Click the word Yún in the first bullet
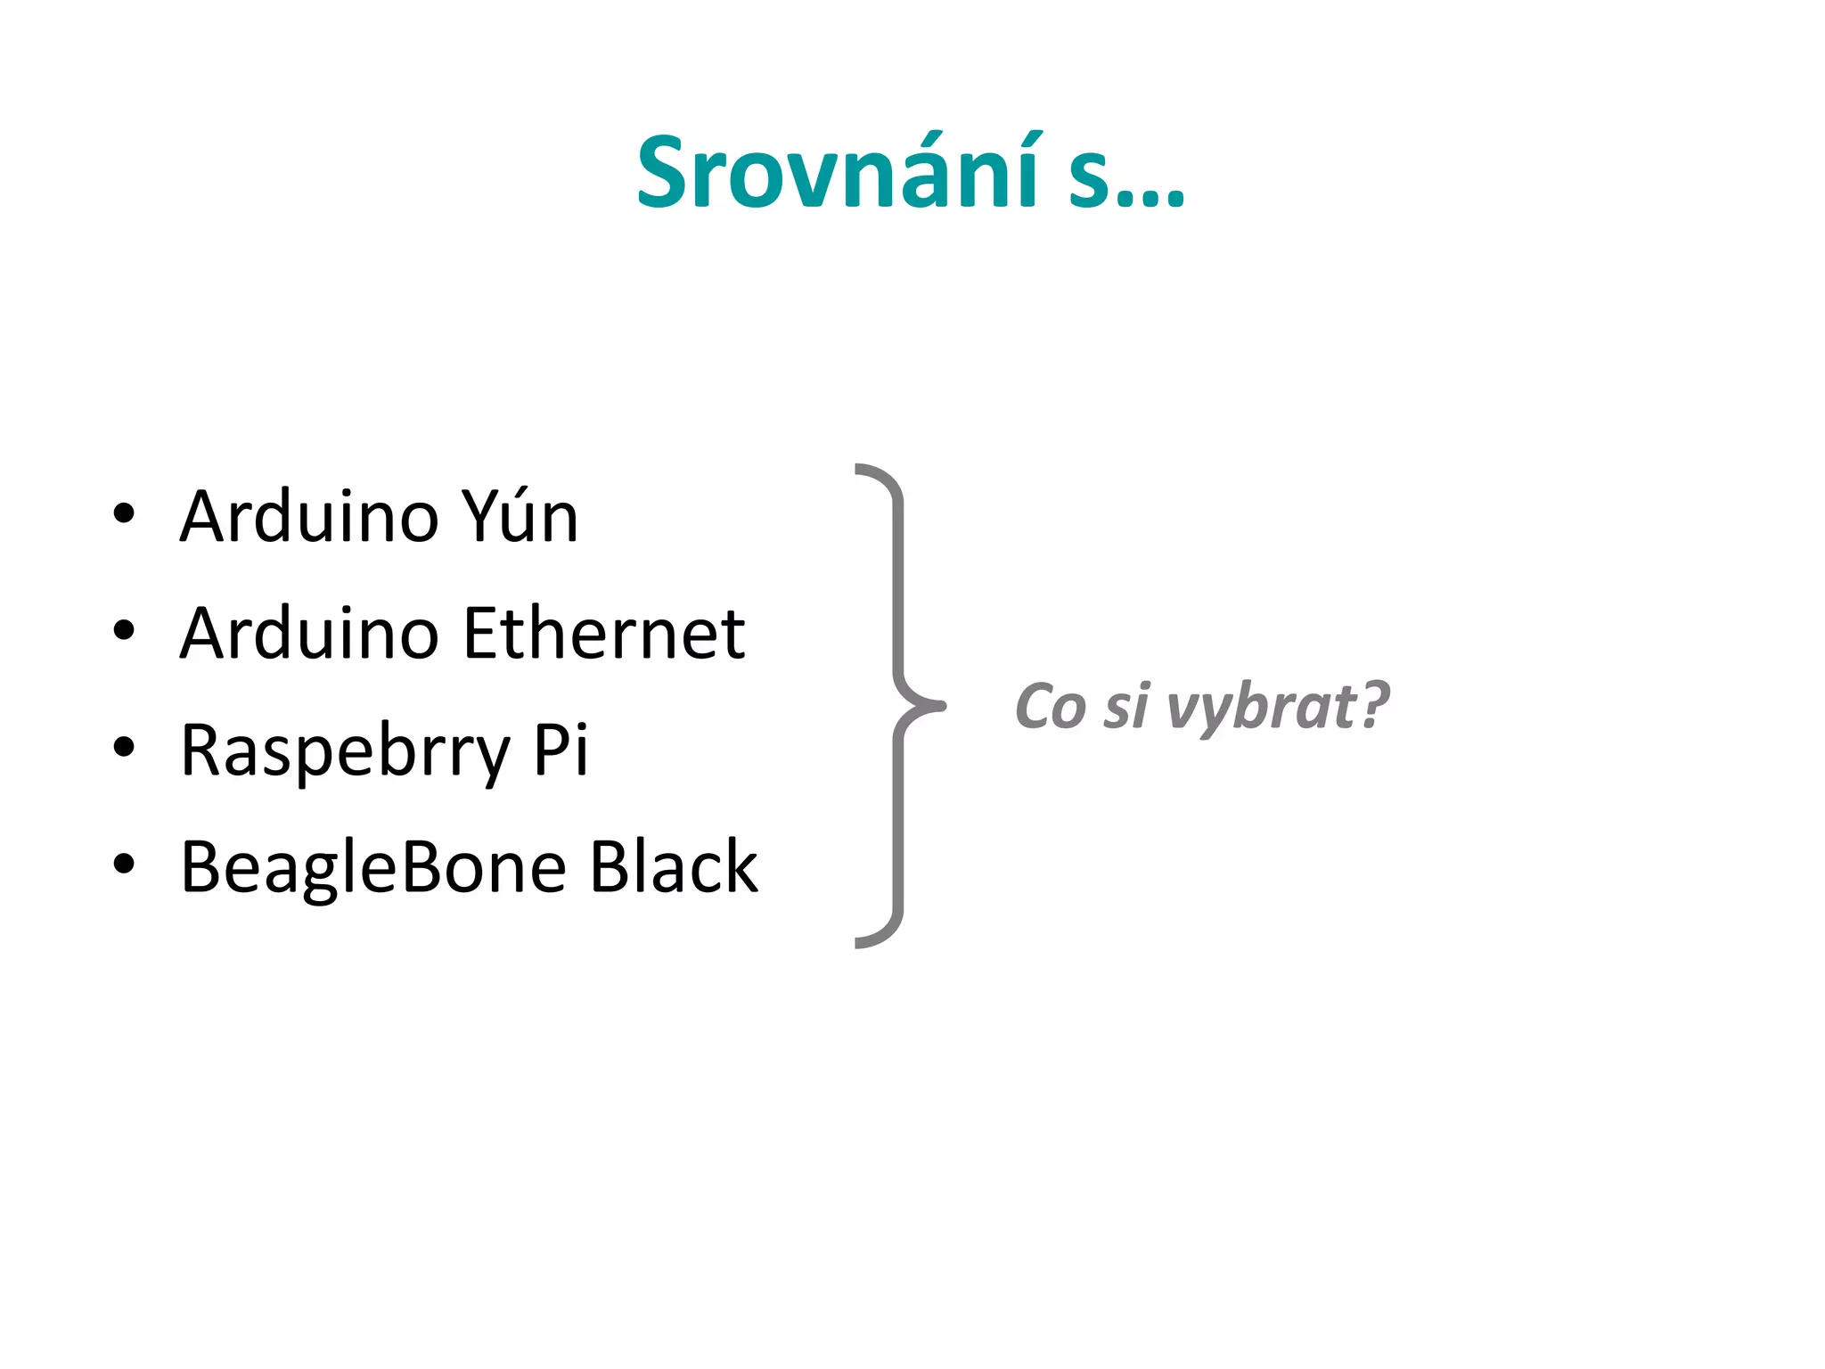pyautogui.click(x=520, y=516)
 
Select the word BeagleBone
pyautogui.click(x=373, y=866)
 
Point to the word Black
pyautogui.click(x=674, y=866)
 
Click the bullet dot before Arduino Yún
pyautogui.click(x=124, y=514)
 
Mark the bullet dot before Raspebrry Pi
pyautogui.click(x=124, y=748)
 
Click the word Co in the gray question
pyautogui.click(x=1051, y=707)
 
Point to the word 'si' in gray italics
pyautogui.click(x=1126, y=707)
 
